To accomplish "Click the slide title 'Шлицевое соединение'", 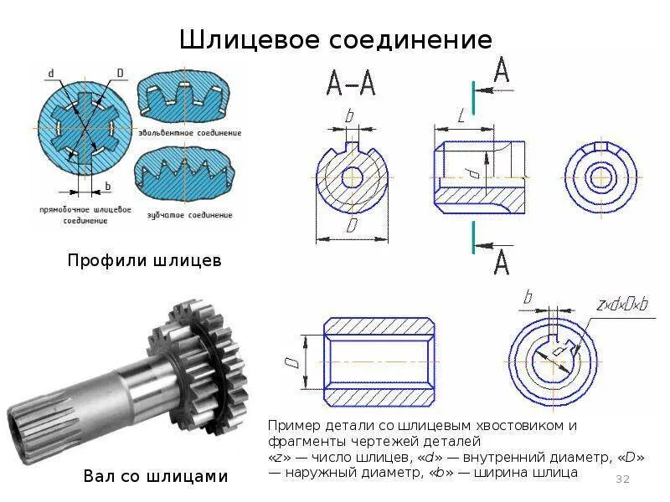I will [x=336, y=39].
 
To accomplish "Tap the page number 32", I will [x=622, y=479].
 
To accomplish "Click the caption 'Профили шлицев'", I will [x=144, y=260].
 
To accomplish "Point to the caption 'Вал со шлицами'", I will [x=156, y=476].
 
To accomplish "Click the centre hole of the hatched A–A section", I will [x=352, y=177].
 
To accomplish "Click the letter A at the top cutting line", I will [x=501, y=71].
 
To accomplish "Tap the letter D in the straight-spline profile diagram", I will [x=120, y=74].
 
